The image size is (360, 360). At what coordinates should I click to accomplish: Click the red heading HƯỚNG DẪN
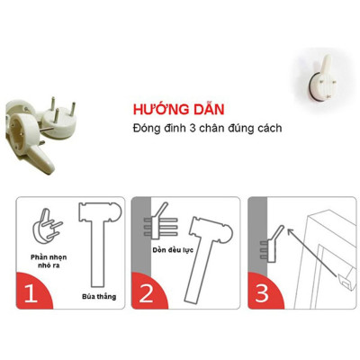175,106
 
